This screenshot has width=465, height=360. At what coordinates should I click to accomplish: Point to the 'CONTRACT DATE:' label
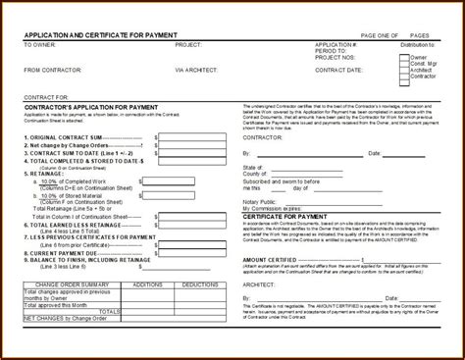coord(339,70)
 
